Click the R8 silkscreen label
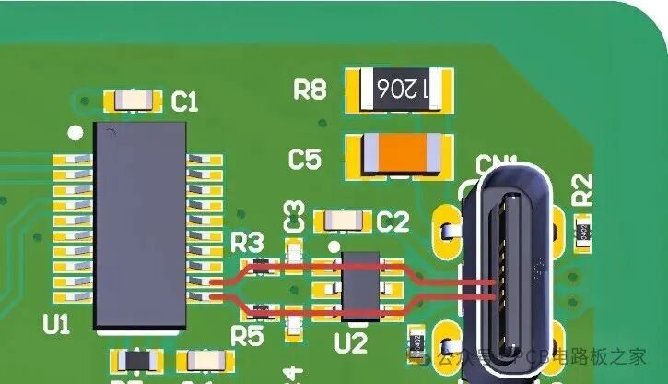point(310,90)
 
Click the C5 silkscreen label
point(305,159)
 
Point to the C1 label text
point(185,102)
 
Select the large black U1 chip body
point(140,227)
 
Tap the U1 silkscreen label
point(56,324)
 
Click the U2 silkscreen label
point(350,343)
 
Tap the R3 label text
point(247,243)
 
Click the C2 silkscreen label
point(393,222)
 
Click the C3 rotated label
point(295,216)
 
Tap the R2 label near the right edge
point(582,190)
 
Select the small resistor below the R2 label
point(582,232)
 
